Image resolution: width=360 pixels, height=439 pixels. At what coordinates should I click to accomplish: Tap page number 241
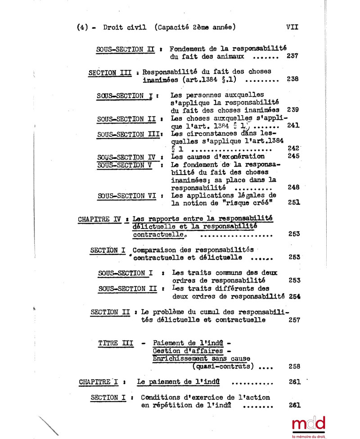(293, 125)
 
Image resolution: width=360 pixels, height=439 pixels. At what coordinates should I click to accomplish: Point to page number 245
(294, 156)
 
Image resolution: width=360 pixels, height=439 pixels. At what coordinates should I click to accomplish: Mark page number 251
(294, 202)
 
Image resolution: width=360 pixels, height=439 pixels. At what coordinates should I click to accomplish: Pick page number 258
(294, 366)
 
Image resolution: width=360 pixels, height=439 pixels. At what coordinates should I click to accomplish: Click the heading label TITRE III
(116, 343)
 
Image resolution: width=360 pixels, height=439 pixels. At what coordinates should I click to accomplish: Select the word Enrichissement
(181, 358)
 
